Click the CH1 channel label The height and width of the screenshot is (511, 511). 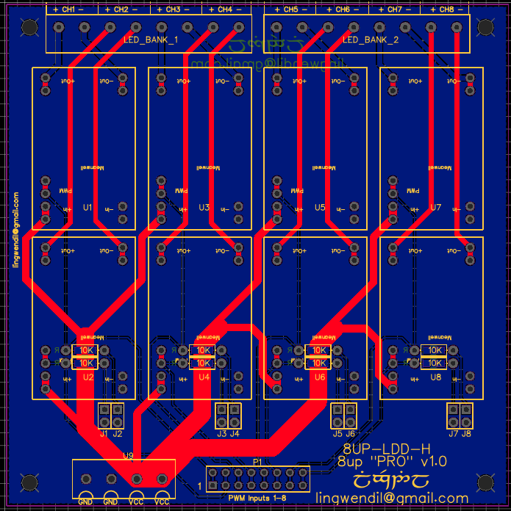pyautogui.click(x=68, y=10)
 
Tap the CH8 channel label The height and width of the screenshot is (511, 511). pyautogui.click(x=446, y=10)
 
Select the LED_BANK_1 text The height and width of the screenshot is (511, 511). pyautogui.click(x=150, y=40)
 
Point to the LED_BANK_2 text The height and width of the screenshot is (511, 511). pyautogui.click(x=370, y=40)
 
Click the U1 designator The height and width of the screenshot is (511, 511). pyautogui.click(x=87, y=208)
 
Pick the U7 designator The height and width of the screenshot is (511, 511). pyautogui.click(x=435, y=208)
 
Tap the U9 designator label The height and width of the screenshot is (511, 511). pyautogui.click(x=127, y=456)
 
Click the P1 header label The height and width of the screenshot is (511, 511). pyautogui.click(x=257, y=461)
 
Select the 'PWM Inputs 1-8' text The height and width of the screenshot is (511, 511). pyautogui.click(x=257, y=499)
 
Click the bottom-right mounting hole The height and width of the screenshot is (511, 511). pyautogui.click(x=485, y=482)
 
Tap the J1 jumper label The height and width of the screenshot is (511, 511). pyautogui.click(x=104, y=434)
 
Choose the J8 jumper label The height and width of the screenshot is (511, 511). pyautogui.click(x=466, y=434)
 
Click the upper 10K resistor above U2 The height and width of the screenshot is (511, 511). pyautogui.click(x=86, y=350)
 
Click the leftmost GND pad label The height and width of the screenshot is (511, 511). pyautogui.click(x=85, y=502)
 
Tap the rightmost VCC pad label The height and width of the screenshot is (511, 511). pyautogui.click(x=162, y=502)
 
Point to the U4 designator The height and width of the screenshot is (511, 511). pyautogui.click(x=204, y=377)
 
